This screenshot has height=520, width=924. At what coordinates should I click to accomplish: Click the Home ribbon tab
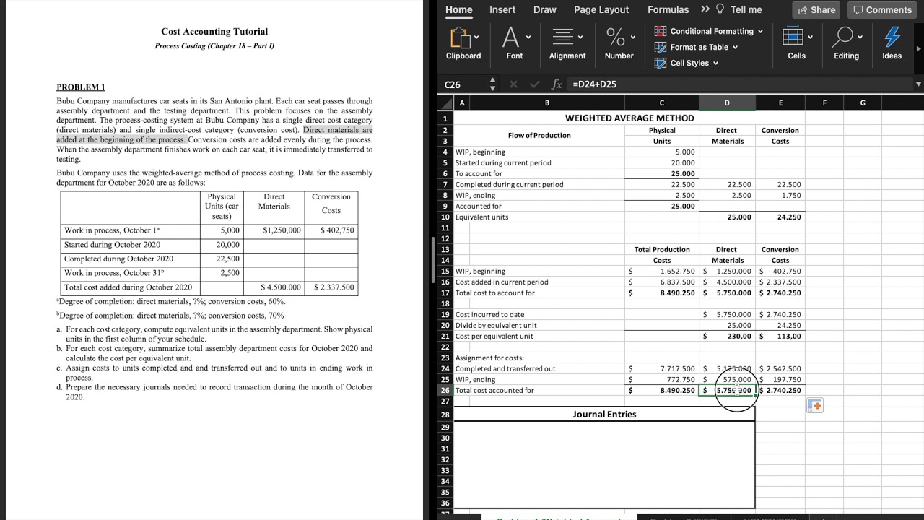click(x=458, y=10)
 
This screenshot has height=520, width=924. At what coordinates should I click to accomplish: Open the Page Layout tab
click(x=601, y=10)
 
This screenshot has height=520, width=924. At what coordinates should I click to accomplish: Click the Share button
click(x=816, y=10)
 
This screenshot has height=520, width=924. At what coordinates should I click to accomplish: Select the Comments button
click(x=881, y=10)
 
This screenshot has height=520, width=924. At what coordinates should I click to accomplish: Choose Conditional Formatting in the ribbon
click(x=709, y=31)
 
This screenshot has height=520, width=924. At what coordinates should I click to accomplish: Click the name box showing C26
click(x=462, y=84)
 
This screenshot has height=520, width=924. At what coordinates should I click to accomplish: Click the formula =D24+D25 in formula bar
click(x=594, y=84)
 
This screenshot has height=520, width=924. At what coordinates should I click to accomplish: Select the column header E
click(x=780, y=103)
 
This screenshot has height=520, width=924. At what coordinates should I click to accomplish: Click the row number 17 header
click(x=445, y=293)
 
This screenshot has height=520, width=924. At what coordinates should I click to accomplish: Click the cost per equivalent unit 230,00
click(x=738, y=337)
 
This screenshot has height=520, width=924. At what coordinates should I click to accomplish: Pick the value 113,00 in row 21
click(x=788, y=337)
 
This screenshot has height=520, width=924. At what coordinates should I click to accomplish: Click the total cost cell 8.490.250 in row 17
click(x=677, y=293)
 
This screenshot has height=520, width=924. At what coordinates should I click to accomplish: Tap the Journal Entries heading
click(x=604, y=415)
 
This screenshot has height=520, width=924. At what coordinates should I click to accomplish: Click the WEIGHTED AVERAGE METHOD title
click(x=629, y=118)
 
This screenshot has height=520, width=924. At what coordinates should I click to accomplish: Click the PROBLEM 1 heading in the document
click(x=81, y=87)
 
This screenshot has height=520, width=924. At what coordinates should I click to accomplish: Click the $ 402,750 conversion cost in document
click(x=336, y=230)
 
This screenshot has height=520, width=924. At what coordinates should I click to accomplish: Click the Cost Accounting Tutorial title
click(x=214, y=32)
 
